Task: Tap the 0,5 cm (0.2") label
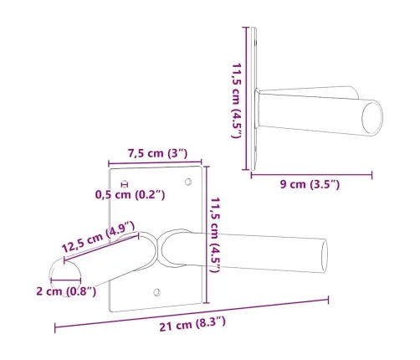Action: pos(130,195)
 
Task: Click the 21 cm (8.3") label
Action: pos(192,323)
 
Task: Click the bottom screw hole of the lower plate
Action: pos(156,291)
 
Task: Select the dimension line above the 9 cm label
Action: pos(311,175)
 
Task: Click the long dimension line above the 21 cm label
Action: pos(192,313)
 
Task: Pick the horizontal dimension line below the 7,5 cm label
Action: pos(157,162)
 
